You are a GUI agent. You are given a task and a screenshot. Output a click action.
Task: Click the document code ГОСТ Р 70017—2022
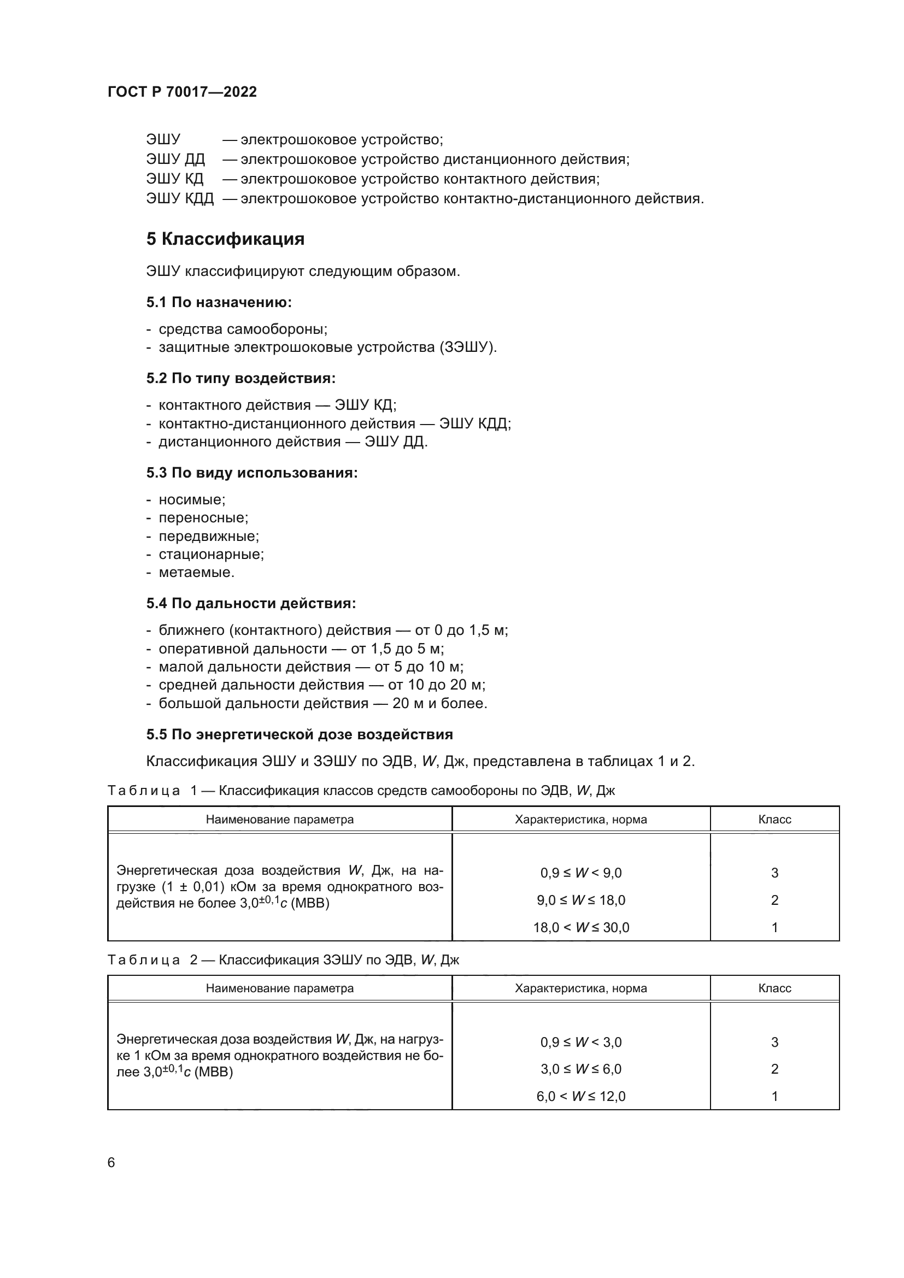click(182, 92)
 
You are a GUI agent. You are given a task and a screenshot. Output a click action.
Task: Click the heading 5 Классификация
click(225, 239)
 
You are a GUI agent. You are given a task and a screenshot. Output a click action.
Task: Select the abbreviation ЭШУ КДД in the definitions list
click(180, 198)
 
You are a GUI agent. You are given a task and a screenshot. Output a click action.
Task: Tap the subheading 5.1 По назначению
click(219, 302)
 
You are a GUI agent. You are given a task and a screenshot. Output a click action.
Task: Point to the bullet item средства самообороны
click(243, 329)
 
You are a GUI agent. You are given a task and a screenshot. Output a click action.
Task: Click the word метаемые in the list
click(197, 572)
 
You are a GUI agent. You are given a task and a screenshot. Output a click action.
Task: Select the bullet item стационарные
click(211, 554)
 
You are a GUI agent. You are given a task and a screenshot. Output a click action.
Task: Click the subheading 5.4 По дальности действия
click(251, 603)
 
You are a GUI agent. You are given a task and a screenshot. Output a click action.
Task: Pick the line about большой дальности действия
click(323, 703)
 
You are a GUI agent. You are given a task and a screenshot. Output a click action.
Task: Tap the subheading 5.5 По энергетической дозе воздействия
click(300, 734)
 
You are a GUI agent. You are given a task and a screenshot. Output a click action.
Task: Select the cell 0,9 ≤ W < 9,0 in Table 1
click(580, 873)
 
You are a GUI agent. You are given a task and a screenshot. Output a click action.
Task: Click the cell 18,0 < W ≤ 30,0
click(580, 927)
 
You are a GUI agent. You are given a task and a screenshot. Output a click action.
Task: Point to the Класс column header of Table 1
click(774, 820)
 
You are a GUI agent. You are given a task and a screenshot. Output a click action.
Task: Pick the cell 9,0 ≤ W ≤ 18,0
click(580, 900)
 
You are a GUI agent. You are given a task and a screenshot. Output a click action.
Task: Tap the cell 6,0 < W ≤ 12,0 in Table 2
click(580, 1096)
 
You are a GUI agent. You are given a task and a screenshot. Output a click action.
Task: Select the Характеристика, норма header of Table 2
click(580, 988)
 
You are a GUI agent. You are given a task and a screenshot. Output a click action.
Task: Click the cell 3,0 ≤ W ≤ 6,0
click(580, 1069)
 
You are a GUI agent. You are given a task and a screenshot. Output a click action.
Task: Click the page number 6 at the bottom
click(111, 1162)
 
